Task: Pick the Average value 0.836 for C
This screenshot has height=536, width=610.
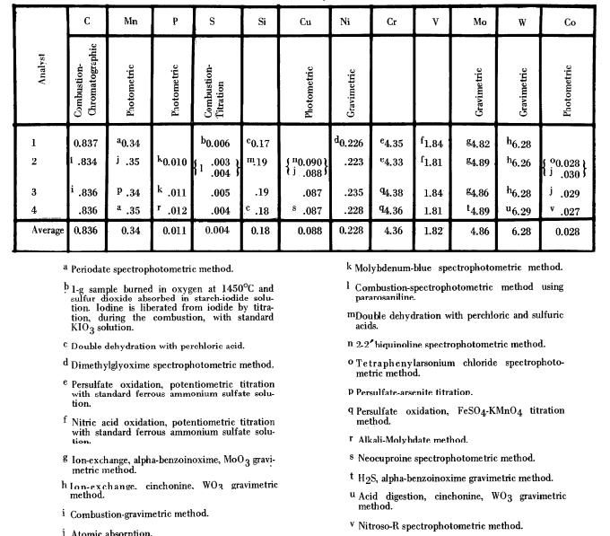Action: tap(85, 231)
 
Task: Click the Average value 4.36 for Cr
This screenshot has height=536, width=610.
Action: tap(392, 231)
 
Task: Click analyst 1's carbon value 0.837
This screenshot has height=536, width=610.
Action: tap(86, 143)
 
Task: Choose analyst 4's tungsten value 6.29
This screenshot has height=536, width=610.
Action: tap(520, 212)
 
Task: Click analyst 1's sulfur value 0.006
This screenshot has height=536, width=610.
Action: tap(213, 143)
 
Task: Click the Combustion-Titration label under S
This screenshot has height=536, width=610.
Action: tap(213, 90)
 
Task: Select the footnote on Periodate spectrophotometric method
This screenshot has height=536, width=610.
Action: tap(152, 268)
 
